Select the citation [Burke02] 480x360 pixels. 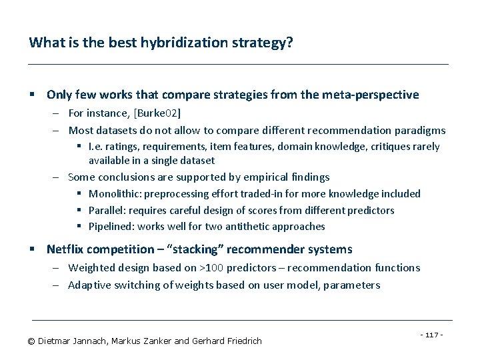coord(157,113)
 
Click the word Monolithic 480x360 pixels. coord(113,194)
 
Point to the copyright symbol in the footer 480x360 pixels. coord(31,341)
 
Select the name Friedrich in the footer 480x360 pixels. coord(241,341)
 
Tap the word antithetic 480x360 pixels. coord(248,227)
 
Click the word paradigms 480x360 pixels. coord(421,130)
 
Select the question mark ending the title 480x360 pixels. coord(289,43)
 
